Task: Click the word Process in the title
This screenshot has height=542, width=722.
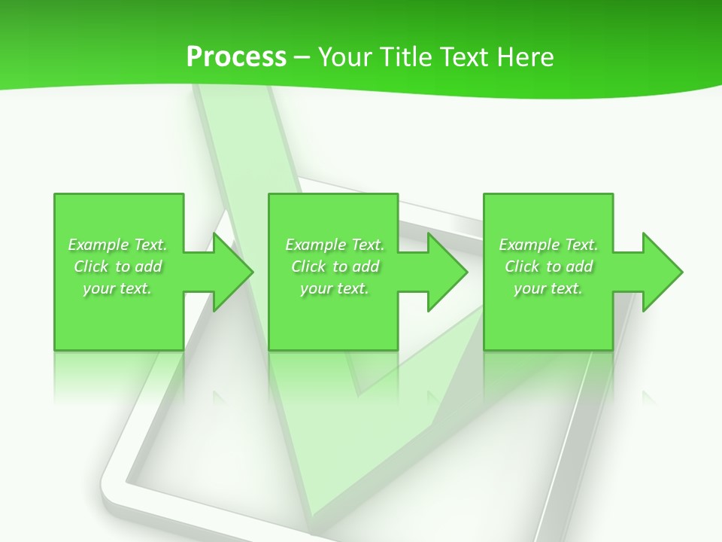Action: click(x=236, y=57)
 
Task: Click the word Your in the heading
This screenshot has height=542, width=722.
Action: click(x=345, y=57)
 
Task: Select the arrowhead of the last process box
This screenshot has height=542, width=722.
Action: click(x=661, y=272)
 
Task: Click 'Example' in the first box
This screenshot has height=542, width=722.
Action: click(x=99, y=245)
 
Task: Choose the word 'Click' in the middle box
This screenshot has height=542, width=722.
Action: click(x=308, y=266)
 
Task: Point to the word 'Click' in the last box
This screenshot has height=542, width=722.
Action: click(x=522, y=266)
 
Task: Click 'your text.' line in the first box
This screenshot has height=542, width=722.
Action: click(x=117, y=288)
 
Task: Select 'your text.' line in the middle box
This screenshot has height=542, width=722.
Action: click(x=335, y=288)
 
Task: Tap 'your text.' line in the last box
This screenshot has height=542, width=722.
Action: click(x=548, y=288)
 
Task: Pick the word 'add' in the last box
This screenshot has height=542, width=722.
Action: click(x=578, y=266)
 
